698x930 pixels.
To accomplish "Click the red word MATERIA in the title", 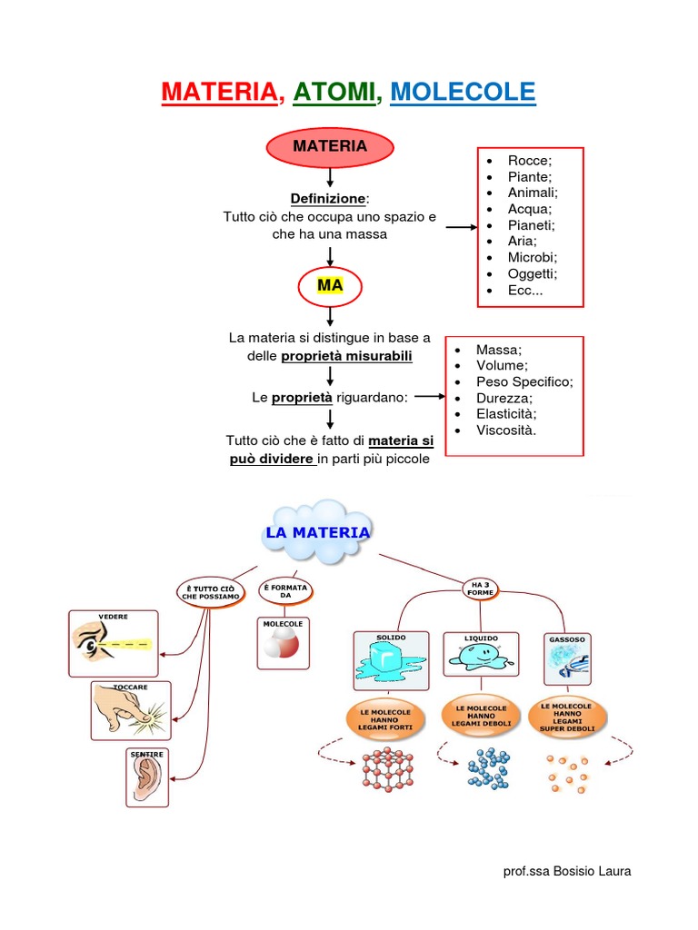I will (x=219, y=92).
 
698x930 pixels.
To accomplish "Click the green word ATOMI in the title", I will (x=334, y=92).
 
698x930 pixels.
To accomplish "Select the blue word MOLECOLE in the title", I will (x=463, y=92).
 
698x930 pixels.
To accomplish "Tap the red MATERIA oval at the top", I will (x=330, y=147).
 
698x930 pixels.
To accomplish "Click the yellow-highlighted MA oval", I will (x=330, y=287).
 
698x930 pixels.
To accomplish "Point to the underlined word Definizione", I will (x=329, y=198).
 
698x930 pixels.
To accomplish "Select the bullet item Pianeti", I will (x=532, y=225).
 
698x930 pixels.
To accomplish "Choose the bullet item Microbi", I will (x=533, y=257).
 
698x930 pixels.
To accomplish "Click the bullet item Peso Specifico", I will (x=524, y=381).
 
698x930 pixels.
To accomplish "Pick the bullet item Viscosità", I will (x=506, y=430).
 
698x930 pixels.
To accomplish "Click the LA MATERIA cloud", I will (x=316, y=533).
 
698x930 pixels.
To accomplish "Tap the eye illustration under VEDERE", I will (x=113, y=644).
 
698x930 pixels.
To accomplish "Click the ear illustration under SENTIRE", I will (x=147, y=777).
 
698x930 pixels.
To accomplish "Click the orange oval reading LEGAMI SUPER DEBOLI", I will (x=566, y=716).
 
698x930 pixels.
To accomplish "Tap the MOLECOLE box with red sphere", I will (x=283, y=643).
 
